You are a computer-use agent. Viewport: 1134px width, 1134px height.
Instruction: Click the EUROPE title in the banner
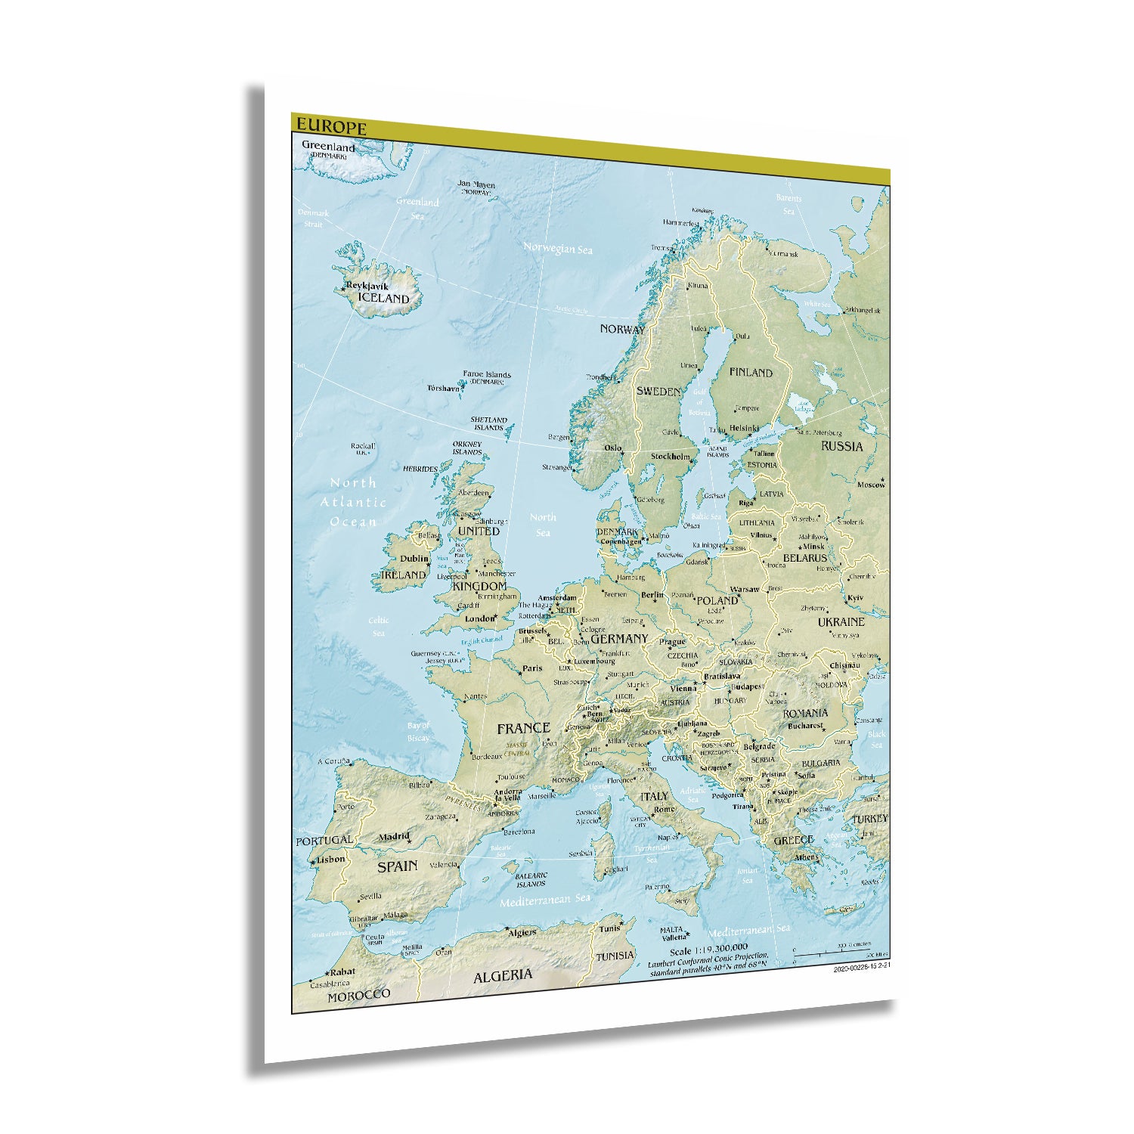[x=331, y=127]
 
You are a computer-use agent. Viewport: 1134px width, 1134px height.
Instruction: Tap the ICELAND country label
[x=383, y=299]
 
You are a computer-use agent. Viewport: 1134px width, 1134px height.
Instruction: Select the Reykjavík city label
[x=367, y=287]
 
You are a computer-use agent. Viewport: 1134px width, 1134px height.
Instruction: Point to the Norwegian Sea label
[x=558, y=248]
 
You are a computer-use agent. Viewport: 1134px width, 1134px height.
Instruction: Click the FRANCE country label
[x=523, y=728]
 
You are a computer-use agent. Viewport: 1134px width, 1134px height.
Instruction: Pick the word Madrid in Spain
[x=394, y=837]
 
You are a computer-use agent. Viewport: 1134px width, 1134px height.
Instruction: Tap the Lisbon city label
[x=330, y=860]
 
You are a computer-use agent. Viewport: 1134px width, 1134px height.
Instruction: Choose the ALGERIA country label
[x=503, y=976]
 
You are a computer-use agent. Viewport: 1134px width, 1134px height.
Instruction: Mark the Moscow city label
[x=871, y=485]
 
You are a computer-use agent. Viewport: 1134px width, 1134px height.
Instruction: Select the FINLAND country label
[x=751, y=372]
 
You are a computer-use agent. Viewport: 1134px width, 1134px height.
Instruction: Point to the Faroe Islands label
[x=487, y=375]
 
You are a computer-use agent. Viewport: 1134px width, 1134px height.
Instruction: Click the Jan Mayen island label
[x=476, y=184]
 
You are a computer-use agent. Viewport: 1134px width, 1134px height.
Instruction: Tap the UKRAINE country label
[x=841, y=621]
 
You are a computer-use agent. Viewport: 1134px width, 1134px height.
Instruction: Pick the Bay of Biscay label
[x=418, y=732]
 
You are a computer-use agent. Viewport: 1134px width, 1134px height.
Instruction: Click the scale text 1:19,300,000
[x=708, y=947]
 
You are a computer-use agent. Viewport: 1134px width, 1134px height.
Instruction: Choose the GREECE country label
[x=793, y=840]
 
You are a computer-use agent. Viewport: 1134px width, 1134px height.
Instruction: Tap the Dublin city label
[x=414, y=559]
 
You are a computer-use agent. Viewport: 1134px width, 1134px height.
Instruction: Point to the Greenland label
[x=328, y=146]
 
